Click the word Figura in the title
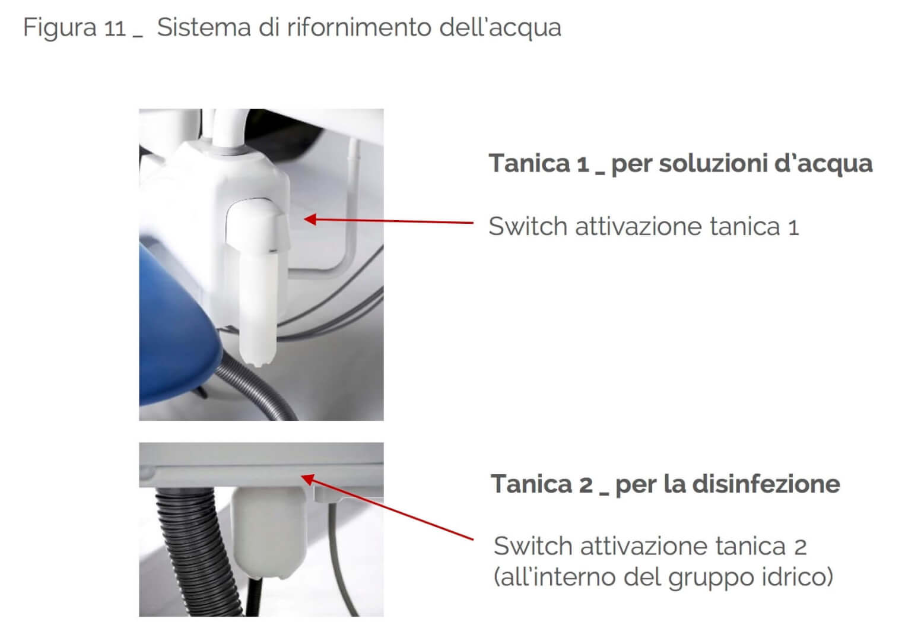point(60,28)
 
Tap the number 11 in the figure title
point(115,28)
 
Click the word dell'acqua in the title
point(500,28)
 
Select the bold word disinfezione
point(766,484)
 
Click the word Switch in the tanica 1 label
point(529,226)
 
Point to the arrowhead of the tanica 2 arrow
point(308,478)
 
